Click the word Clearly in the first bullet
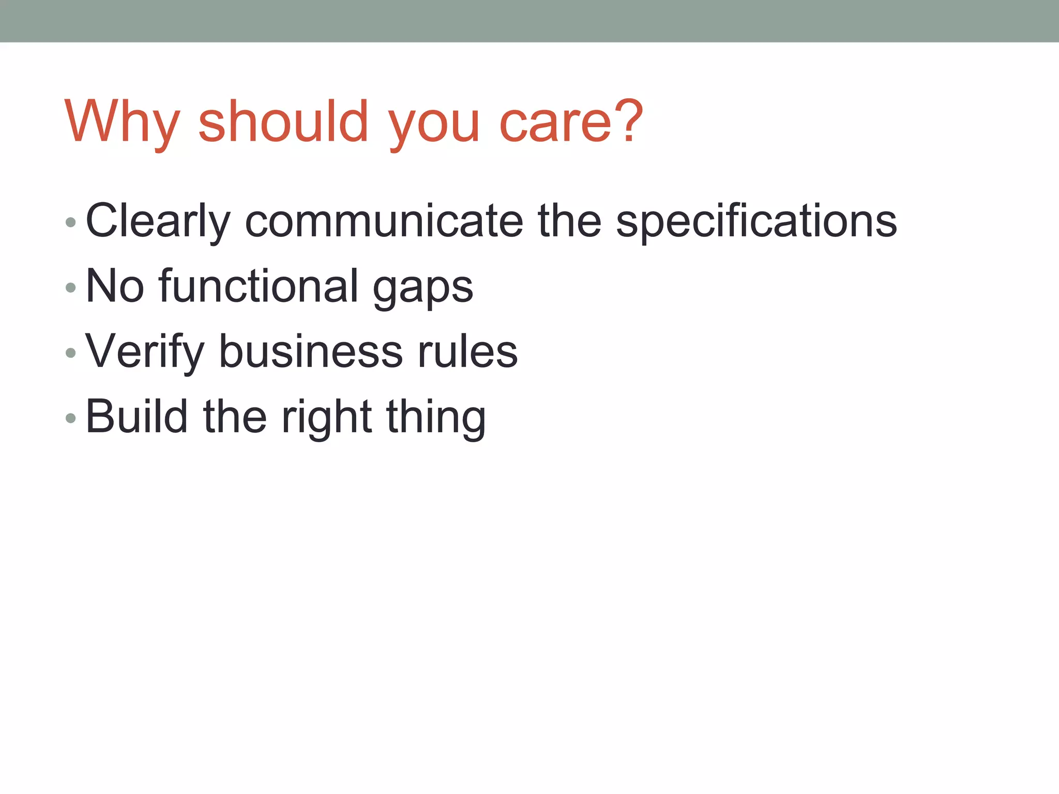tap(158, 221)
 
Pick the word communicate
tap(384, 221)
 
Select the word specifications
tap(756, 221)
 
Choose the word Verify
tap(145, 352)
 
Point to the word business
tap(311, 352)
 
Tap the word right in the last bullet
tap(326, 418)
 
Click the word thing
tap(436, 418)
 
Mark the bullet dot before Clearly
tap(71, 223)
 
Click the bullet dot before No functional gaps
tap(71, 288)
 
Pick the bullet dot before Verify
tap(71, 353)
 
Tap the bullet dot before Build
tap(71, 418)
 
